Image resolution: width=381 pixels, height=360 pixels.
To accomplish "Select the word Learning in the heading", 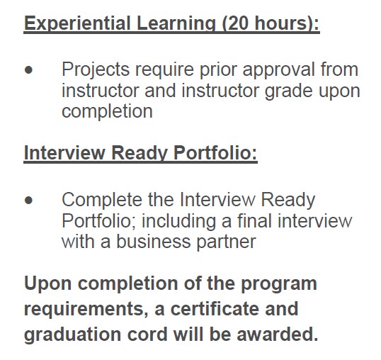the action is coord(176,23).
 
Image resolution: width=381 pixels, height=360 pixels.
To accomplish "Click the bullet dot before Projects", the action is coord(28,70).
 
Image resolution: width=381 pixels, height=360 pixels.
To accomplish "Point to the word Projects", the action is coord(96,70).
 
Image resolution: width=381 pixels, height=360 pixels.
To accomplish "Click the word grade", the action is coord(289,91).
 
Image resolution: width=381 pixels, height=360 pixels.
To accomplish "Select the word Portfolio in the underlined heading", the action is coord(215,153).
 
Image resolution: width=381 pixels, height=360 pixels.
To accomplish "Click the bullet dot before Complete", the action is coord(28,201).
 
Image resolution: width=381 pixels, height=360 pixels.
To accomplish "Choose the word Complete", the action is coord(102,201).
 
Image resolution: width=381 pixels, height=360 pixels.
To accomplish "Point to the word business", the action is coord(154,242).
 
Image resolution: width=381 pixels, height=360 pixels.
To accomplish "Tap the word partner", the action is coord(226,242).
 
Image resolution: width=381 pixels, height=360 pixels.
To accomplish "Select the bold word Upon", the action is coord(48,284).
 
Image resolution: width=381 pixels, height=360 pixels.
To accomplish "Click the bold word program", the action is coord(279,285).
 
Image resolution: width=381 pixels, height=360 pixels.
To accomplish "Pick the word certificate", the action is coord(215,309).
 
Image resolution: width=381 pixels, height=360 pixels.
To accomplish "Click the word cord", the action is coord(147,334).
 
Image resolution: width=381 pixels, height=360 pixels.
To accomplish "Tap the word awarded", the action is coord(277,334).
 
